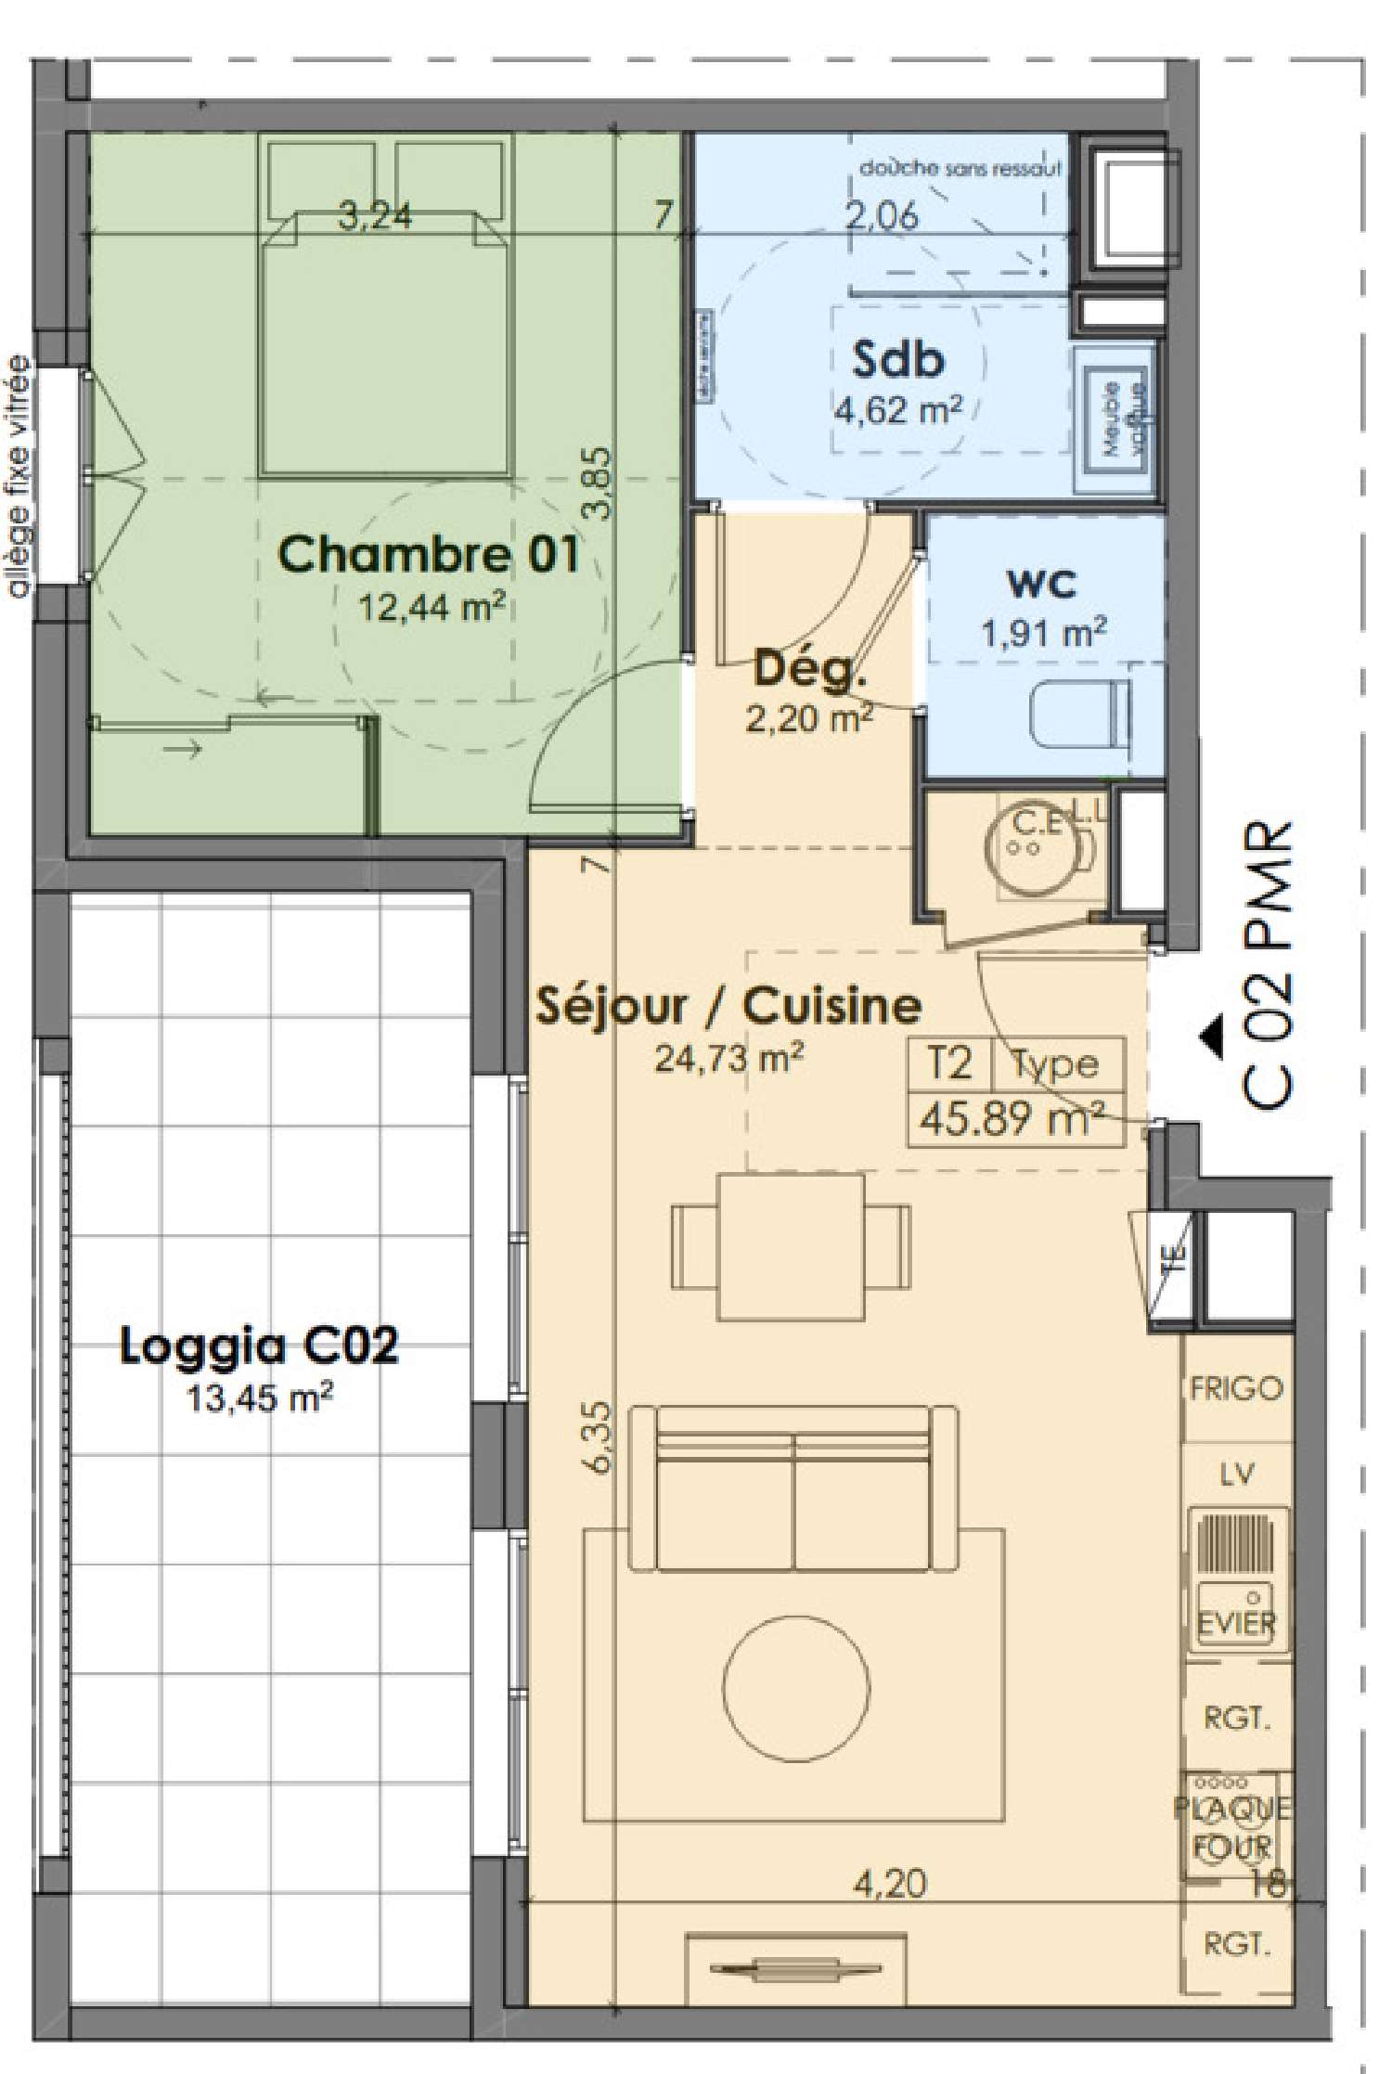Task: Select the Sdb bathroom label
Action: [897, 360]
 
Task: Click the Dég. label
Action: [809, 668]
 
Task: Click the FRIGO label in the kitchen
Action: [1236, 1389]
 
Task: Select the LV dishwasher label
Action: [1237, 1475]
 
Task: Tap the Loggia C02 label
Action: [259, 1346]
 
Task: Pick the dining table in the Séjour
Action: [791, 1246]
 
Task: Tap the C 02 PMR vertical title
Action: [1268, 964]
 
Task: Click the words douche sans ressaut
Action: [960, 170]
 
